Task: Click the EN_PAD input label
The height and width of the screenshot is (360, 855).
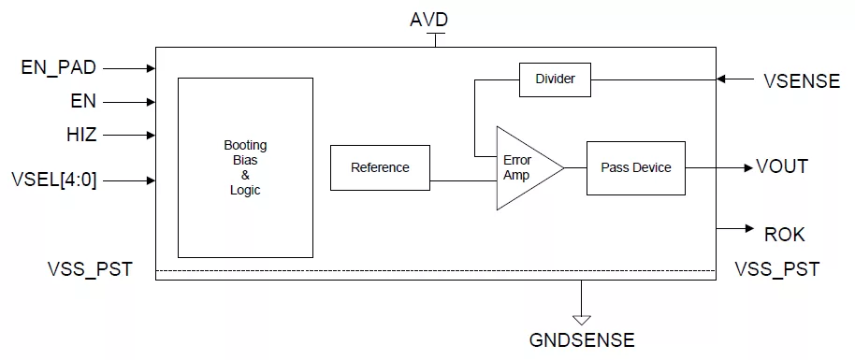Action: pyautogui.click(x=58, y=68)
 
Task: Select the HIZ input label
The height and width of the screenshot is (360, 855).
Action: pyautogui.click(x=80, y=135)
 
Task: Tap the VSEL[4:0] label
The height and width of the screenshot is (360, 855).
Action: pyautogui.click(x=54, y=180)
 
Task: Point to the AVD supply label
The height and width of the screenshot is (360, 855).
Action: pyautogui.click(x=428, y=21)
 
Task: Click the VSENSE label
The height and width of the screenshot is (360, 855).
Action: pyautogui.click(x=802, y=80)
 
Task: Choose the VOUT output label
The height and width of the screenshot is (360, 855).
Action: pyautogui.click(x=782, y=166)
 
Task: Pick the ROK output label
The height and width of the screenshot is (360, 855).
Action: pyautogui.click(x=784, y=235)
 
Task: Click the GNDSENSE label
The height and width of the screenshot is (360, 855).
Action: pyautogui.click(x=582, y=339)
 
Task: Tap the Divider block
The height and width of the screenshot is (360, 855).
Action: pyautogui.click(x=555, y=79)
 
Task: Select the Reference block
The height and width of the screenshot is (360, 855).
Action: pyautogui.click(x=380, y=167)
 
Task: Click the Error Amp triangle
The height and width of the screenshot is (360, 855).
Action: pyautogui.click(x=524, y=168)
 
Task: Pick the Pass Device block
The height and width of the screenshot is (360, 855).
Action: pyautogui.click(x=636, y=168)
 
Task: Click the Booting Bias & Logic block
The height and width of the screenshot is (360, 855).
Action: pyautogui.click(x=245, y=167)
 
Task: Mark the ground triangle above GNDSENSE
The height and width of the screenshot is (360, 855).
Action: pyautogui.click(x=582, y=320)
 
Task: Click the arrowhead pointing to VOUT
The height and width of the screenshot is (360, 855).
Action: pyautogui.click(x=748, y=168)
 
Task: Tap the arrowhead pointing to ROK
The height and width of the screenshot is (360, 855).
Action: pyautogui.click(x=749, y=229)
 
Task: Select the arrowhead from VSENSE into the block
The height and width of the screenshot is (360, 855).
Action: pyautogui.click(x=721, y=79)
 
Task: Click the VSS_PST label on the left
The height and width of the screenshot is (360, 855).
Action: pyautogui.click(x=90, y=269)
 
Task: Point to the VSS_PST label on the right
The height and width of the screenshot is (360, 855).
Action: pyautogui.click(x=777, y=269)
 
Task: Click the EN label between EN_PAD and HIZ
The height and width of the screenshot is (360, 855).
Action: pyautogui.click(x=83, y=101)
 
